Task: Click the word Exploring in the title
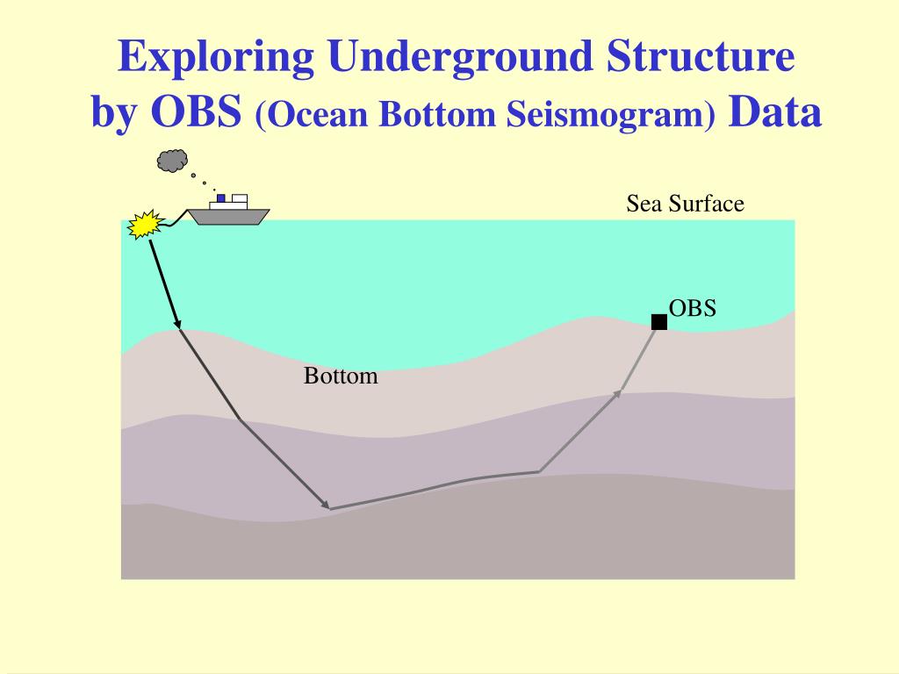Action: click(x=216, y=57)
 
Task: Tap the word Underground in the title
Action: click(x=460, y=57)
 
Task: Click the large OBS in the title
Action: click(x=196, y=111)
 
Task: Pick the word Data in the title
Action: click(x=774, y=111)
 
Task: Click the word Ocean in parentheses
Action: click(x=316, y=115)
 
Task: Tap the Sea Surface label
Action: click(x=685, y=204)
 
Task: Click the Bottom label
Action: click(x=341, y=376)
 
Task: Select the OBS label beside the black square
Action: click(x=693, y=308)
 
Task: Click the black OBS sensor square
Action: click(x=659, y=322)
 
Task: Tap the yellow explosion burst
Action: click(x=146, y=224)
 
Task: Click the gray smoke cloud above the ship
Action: click(x=173, y=161)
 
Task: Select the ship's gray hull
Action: click(x=229, y=217)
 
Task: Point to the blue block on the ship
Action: click(x=220, y=198)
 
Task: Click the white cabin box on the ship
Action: click(x=239, y=199)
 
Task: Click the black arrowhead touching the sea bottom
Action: click(x=177, y=325)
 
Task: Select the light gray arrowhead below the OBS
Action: click(x=616, y=393)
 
